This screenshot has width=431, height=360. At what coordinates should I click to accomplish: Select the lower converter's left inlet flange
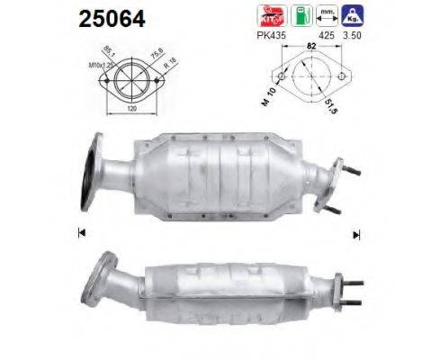(99, 282)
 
